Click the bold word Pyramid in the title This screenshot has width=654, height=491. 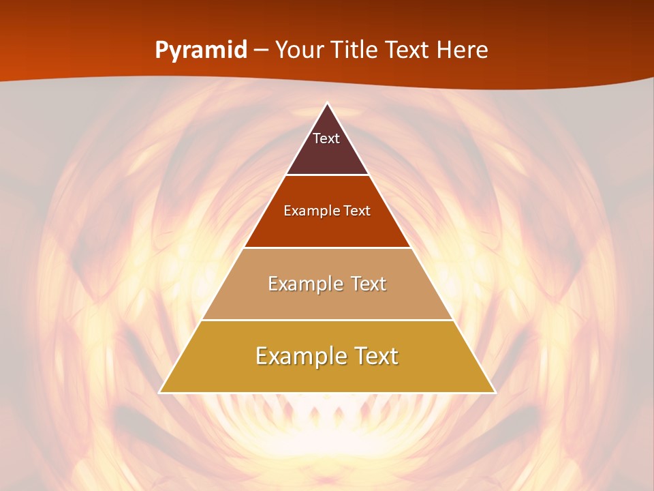point(201,50)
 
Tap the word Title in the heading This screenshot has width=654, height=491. point(358,50)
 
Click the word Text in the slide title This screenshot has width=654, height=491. point(408,50)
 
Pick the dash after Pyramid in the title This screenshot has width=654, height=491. point(261,50)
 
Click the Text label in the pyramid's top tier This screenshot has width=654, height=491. point(326,138)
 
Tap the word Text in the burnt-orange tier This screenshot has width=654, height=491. point(358,211)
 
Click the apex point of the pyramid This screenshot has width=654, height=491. point(327,104)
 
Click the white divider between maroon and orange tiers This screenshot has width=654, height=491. point(327,175)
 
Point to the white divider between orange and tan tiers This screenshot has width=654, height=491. point(327,248)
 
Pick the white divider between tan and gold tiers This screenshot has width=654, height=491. point(327,320)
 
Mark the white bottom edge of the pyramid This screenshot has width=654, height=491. point(327,393)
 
